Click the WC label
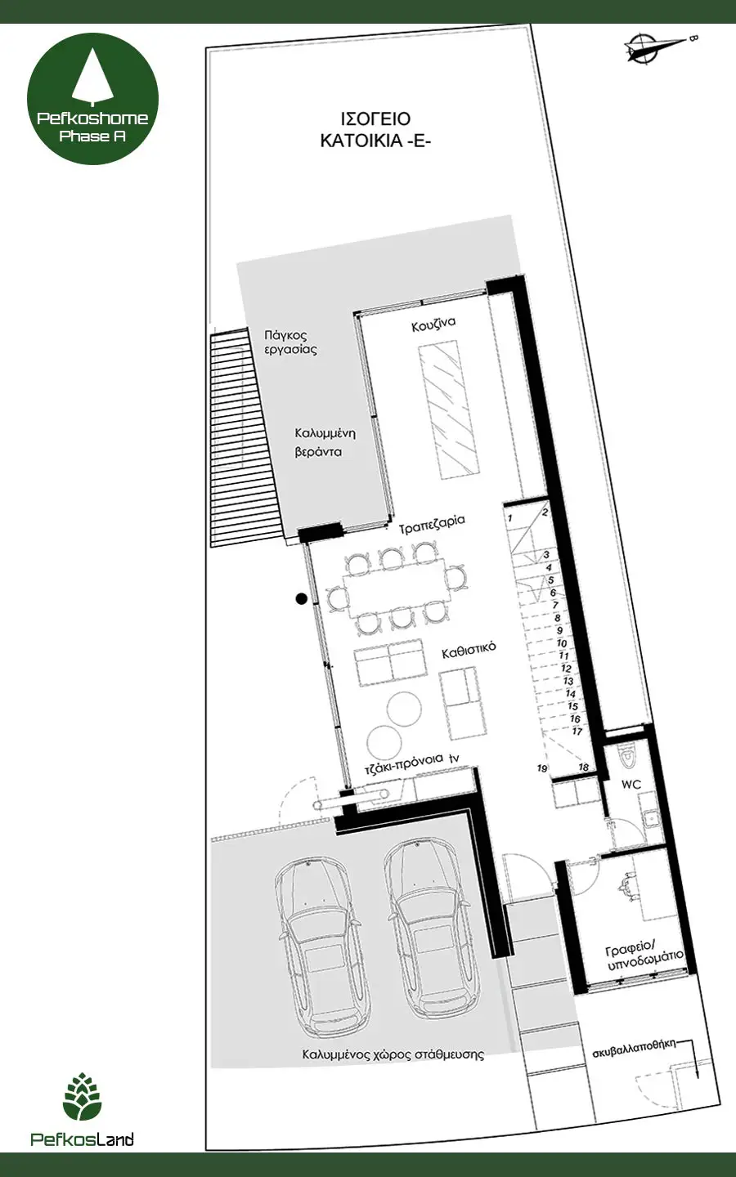point(631,785)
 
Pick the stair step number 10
point(562,643)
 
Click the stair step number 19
point(542,768)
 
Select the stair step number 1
point(509,518)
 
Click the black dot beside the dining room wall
point(301,598)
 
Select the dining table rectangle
point(395,591)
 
